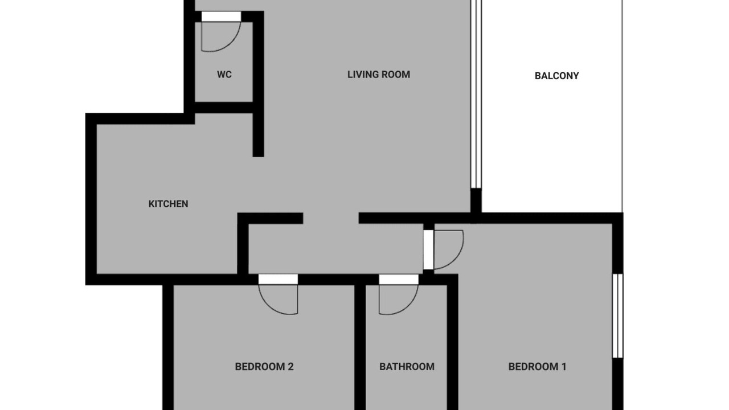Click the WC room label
click(224, 75)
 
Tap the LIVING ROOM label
click(379, 75)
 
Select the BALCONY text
click(556, 76)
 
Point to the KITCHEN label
click(168, 204)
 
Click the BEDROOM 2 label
click(264, 367)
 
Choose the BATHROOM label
click(407, 367)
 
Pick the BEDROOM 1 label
click(537, 367)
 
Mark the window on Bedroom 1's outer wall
click(618, 315)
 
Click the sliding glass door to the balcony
click(476, 94)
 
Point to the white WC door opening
click(221, 17)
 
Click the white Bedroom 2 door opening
click(278, 280)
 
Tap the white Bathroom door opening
click(399, 280)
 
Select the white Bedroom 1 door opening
click(428, 249)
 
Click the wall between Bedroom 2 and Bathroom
click(360, 347)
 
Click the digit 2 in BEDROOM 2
click(290, 367)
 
